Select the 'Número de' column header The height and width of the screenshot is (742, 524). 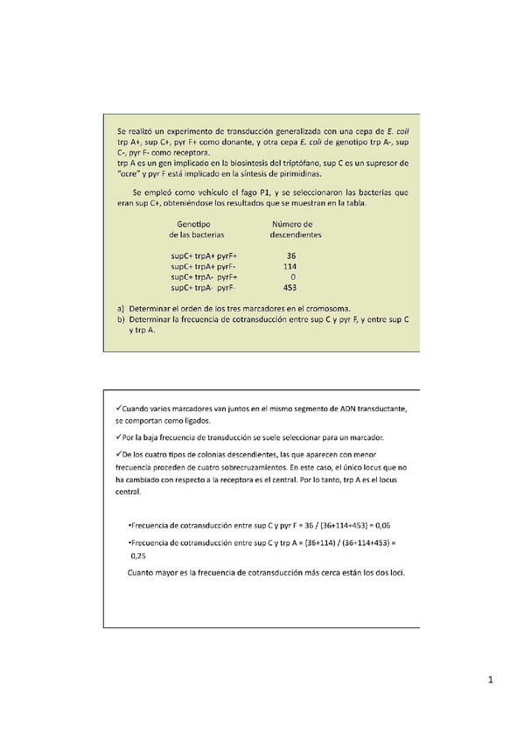295,225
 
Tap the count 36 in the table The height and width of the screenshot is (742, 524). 290,255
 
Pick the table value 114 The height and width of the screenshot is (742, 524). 290,265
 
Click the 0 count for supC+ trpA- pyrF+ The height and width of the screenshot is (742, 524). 292,276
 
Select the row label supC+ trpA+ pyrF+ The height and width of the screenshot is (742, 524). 204,255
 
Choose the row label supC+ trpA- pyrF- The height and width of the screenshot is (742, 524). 204,287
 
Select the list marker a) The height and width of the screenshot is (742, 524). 120,309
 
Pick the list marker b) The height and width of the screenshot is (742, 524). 120,320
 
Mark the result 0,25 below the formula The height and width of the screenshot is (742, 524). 137,555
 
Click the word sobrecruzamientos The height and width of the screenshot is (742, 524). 266,468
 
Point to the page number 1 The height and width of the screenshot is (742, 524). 492,680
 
